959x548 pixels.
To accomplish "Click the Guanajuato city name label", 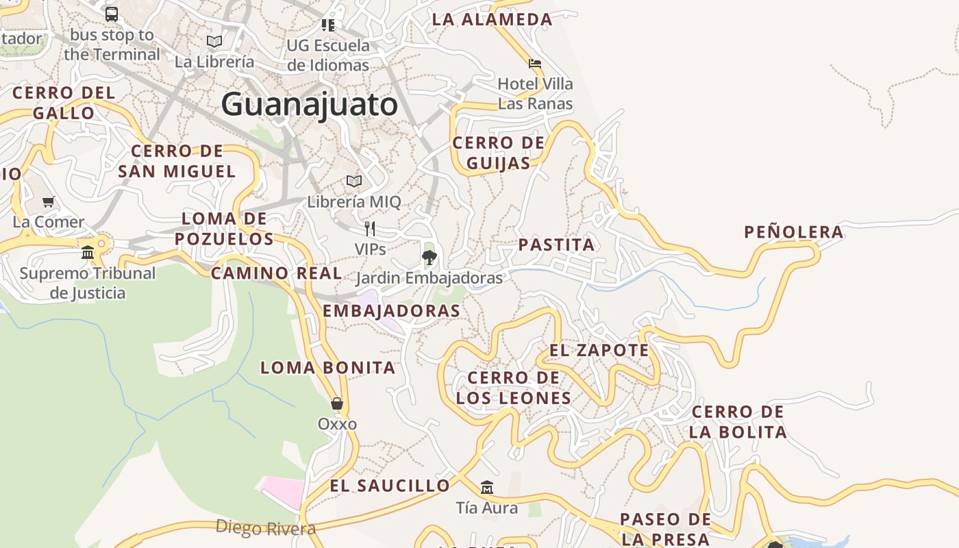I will [x=309, y=105].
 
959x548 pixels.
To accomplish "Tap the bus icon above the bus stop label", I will [x=112, y=14].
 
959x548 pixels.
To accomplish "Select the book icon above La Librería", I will [x=214, y=41].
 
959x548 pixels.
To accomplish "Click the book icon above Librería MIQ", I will [x=354, y=182].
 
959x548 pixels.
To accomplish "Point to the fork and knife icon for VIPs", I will [x=370, y=228].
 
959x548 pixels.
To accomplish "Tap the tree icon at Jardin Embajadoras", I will [x=429, y=258].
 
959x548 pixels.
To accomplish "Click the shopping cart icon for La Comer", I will [x=49, y=202].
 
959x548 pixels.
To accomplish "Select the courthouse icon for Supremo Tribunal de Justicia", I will [x=88, y=252].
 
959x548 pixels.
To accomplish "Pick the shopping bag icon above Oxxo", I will [x=337, y=403].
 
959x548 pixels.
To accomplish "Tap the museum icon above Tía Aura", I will [x=487, y=488].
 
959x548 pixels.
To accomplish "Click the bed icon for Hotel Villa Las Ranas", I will [x=535, y=64].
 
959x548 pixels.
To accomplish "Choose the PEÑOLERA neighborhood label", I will [x=794, y=232].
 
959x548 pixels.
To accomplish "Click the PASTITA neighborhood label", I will [x=556, y=245].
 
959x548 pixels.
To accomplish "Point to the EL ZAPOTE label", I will [x=599, y=350].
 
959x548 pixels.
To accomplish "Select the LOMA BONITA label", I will [x=328, y=367].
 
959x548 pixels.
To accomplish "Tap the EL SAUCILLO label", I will [x=390, y=486].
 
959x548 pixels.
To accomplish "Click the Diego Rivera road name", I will [x=266, y=527].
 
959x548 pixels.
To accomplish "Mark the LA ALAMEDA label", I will [x=492, y=19].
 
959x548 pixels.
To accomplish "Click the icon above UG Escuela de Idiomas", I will [x=328, y=25].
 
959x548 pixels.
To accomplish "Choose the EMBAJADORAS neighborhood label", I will [x=391, y=310].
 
